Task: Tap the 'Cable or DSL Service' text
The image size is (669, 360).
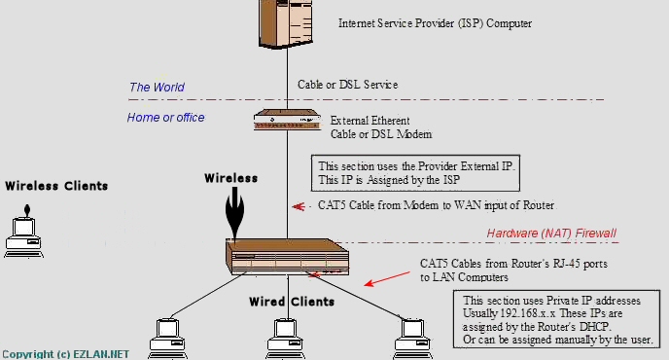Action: point(347,85)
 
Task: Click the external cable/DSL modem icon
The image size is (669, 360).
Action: point(287,122)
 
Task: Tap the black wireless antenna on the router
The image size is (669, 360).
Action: point(231,216)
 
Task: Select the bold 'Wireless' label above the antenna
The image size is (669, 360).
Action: point(230,178)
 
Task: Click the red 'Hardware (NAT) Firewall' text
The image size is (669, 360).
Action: point(551,234)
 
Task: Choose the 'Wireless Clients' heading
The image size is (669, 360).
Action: point(56,186)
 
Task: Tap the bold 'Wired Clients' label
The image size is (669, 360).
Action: point(292,302)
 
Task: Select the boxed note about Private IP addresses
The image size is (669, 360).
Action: point(561,319)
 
